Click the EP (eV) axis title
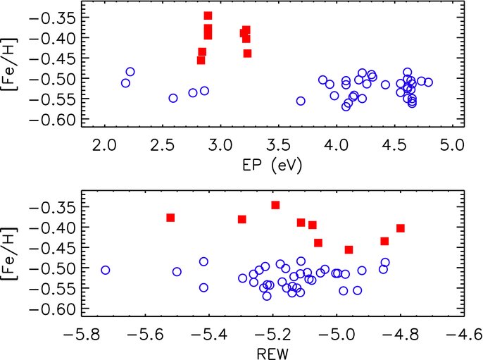tap(272, 166)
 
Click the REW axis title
tap(272, 354)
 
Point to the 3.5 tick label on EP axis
tap(279, 144)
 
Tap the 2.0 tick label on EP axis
tap(105, 144)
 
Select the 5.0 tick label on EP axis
tap(452, 144)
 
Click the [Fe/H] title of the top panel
tap(10, 64)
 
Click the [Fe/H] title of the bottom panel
tap(10, 254)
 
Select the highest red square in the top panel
tap(208, 15)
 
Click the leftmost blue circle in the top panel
tap(125, 83)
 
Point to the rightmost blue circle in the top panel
tap(428, 82)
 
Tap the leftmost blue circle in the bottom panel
tap(106, 271)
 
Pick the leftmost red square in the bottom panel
tap(170, 218)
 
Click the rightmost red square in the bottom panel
tap(400, 228)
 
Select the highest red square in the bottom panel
tap(275, 205)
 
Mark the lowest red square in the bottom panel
tap(349, 249)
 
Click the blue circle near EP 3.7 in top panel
tap(301, 101)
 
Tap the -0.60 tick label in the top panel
tap(52, 120)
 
